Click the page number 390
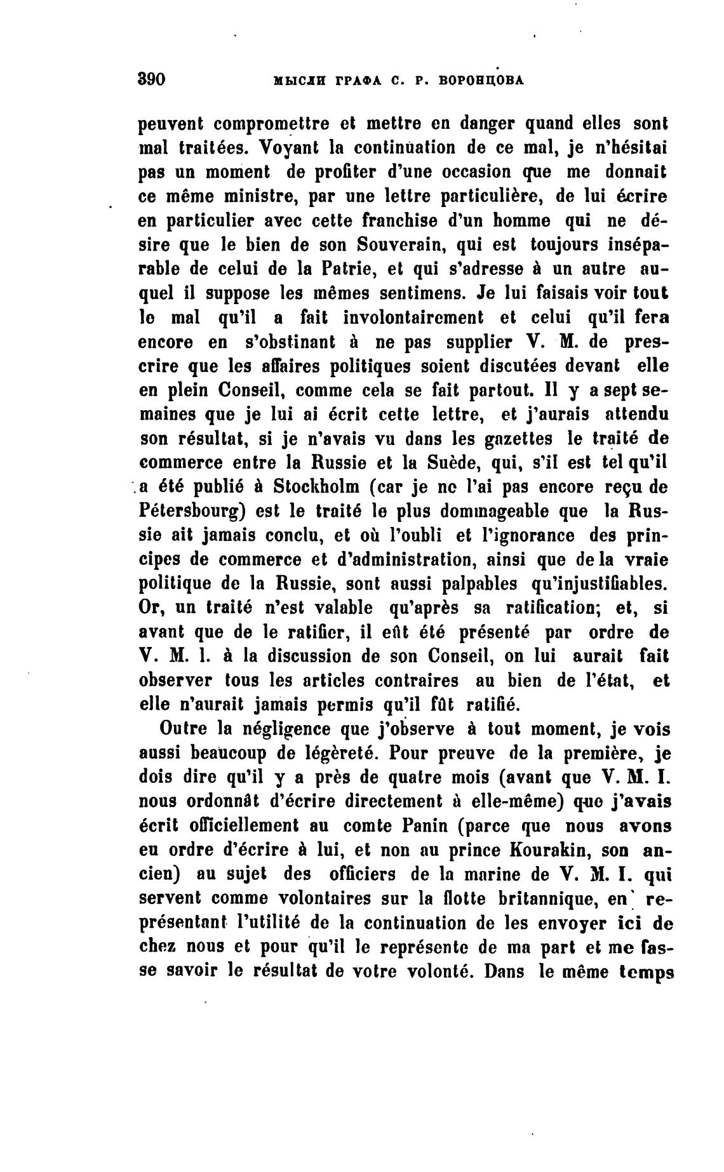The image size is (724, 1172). tap(151, 79)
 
